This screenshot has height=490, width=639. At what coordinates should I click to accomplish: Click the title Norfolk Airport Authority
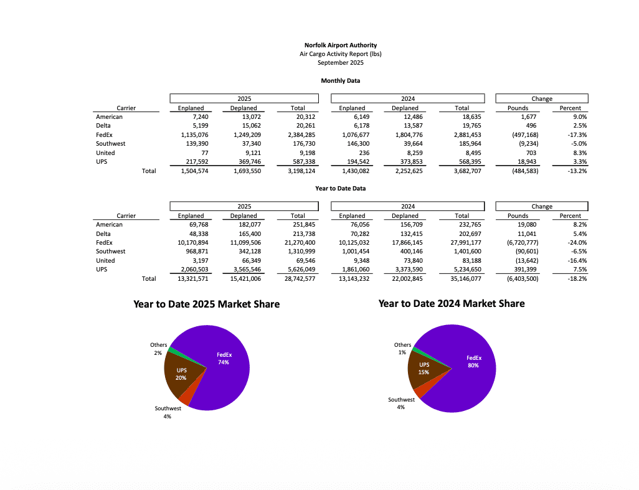pyautogui.click(x=340, y=45)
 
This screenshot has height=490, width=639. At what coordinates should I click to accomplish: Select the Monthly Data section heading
pyautogui.click(x=340, y=81)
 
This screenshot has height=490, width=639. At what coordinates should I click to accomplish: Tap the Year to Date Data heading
pyautogui.click(x=340, y=189)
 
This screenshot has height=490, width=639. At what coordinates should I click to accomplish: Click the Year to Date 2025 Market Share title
pyautogui.click(x=206, y=304)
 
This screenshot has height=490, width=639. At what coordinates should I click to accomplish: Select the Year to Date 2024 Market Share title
pyautogui.click(x=451, y=304)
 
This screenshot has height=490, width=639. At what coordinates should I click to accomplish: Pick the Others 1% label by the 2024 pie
pyautogui.click(x=402, y=349)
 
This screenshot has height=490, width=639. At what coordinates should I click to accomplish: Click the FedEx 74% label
pyautogui.click(x=224, y=358)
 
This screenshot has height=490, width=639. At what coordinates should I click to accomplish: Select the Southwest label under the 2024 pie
pyautogui.click(x=401, y=403)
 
